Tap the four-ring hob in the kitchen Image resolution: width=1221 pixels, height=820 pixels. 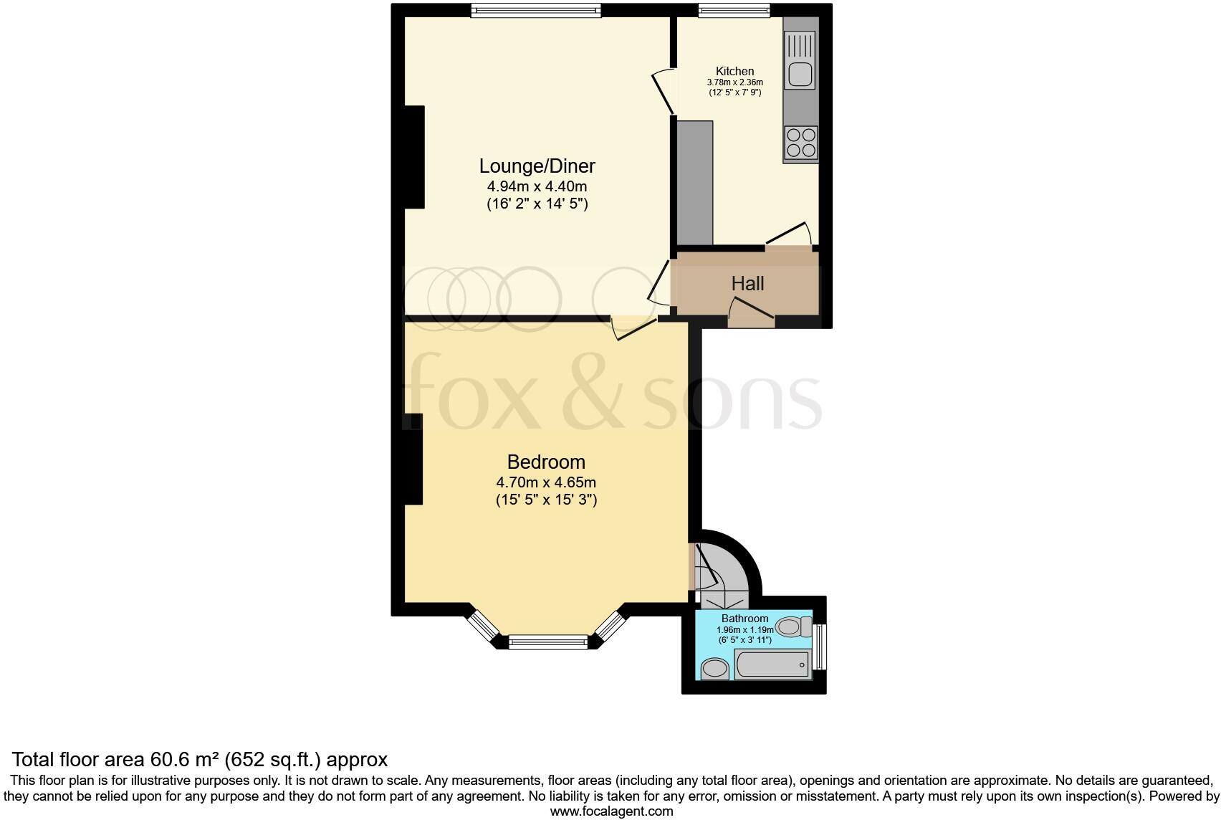(800, 142)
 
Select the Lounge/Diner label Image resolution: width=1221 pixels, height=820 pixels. (537, 166)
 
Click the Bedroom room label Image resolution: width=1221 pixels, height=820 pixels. (546, 462)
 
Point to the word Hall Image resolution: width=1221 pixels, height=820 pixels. (747, 284)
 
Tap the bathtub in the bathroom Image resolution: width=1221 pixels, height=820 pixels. (772, 664)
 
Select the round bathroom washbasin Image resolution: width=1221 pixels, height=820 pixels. (714, 670)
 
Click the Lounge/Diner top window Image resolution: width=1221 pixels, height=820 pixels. (535, 9)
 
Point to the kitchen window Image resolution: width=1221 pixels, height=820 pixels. (734, 9)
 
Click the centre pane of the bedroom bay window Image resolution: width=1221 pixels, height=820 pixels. (548, 643)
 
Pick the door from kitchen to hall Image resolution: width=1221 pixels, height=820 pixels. (788, 234)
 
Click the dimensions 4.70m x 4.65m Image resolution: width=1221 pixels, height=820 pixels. (546, 482)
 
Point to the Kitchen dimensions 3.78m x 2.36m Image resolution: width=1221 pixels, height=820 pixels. (735, 82)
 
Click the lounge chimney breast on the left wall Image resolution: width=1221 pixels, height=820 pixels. (414, 157)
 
